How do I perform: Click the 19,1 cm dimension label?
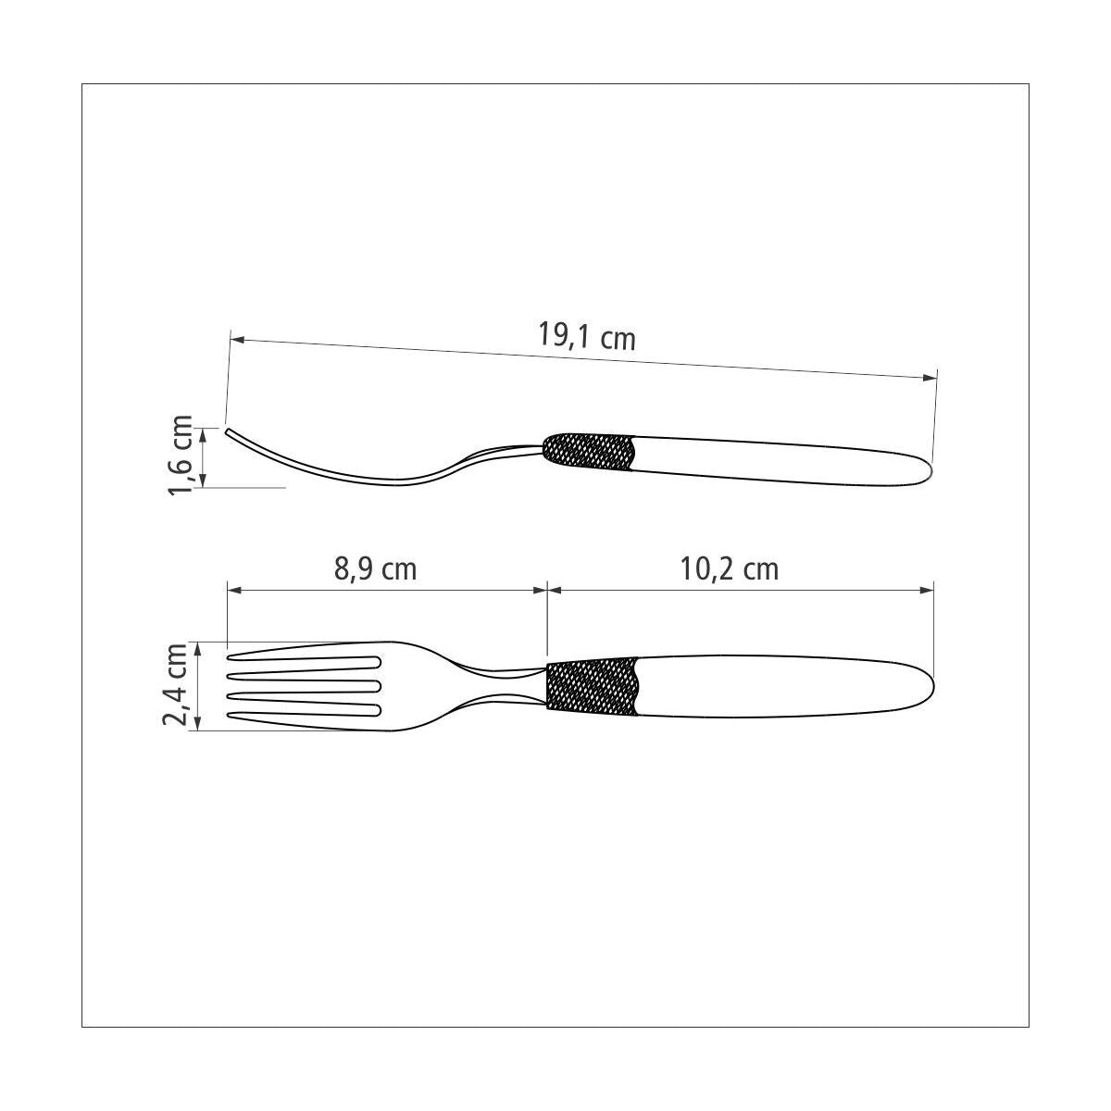tap(586, 336)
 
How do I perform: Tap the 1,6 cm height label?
tap(180, 455)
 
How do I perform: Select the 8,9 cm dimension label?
tap(375, 569)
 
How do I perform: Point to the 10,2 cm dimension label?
tap(730, 569)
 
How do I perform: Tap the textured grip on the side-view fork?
tap(589, 452)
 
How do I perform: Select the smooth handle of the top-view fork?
tap(784, 686)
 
